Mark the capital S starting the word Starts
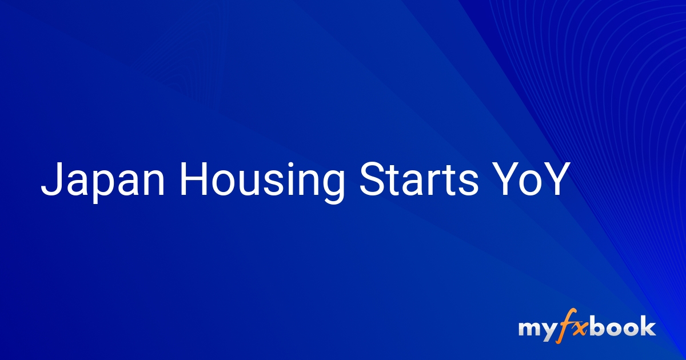click(x=370, y=178)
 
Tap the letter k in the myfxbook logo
click(x=647, y=327)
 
